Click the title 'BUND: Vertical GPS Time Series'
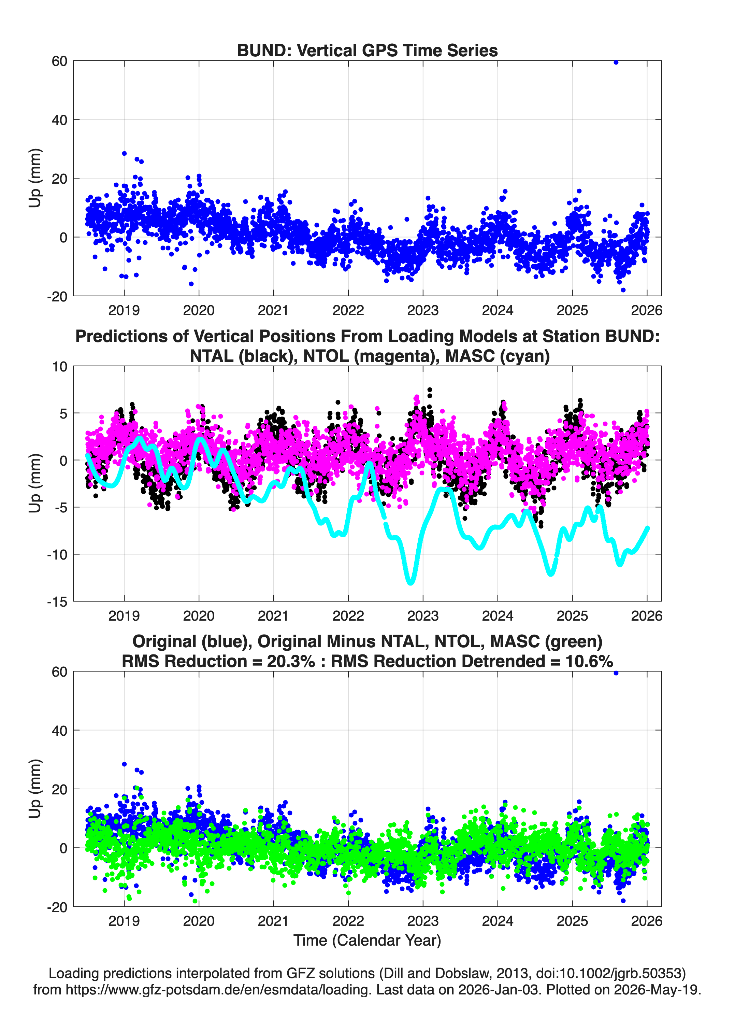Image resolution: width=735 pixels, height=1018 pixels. [367, 50]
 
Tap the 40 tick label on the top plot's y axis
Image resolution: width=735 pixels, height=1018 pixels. [59, 120]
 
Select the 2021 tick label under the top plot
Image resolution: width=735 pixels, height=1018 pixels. [273, 310]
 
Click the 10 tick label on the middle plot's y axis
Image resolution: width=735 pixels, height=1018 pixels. [60, 367]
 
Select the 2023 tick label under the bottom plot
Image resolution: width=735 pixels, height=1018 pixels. [423, 921]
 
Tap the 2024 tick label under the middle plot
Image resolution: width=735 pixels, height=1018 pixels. [497, 616]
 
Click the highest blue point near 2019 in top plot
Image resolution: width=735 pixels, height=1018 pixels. [124, 154]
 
